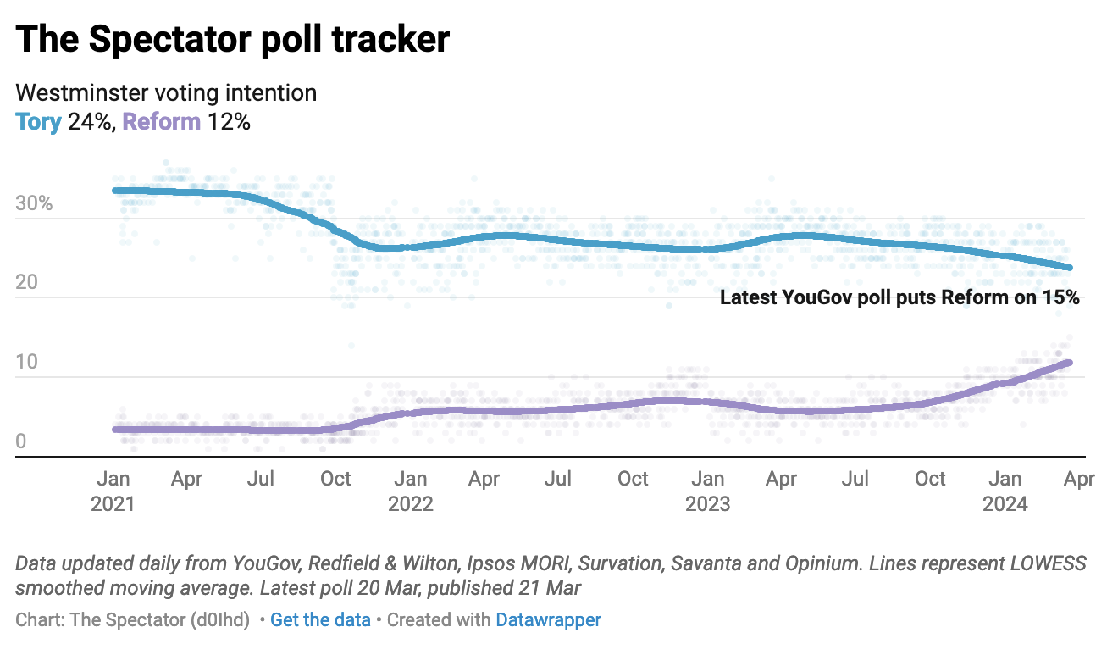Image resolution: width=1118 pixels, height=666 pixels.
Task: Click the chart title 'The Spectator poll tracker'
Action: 232,40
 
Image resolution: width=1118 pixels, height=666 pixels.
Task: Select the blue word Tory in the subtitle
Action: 39,122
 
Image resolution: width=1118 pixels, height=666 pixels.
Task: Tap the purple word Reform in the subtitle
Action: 162,122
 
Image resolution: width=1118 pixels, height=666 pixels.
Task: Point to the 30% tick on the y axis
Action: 34,204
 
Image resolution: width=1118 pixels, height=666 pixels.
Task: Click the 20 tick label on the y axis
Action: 26,283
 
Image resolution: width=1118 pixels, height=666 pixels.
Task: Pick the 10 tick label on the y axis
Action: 26,363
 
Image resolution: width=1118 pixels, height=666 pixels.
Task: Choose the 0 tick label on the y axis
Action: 21,441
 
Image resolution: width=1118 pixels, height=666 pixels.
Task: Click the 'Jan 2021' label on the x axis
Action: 113,491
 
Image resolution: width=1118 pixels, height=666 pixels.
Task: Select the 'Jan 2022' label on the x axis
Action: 411,491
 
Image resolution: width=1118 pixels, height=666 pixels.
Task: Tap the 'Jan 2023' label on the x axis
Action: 708,491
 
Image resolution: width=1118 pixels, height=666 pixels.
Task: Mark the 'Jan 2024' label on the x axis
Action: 1005,491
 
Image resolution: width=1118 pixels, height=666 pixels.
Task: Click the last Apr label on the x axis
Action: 1079,480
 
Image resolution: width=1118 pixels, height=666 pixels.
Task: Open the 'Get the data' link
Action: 320,620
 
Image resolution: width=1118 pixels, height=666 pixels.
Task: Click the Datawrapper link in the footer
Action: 548,620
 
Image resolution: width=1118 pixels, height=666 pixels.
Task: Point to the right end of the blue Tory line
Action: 1069,268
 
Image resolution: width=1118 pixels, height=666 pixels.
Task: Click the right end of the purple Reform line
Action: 1069,363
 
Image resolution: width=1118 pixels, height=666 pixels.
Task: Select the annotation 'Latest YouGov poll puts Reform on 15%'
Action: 899,297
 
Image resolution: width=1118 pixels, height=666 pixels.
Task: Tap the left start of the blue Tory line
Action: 116,191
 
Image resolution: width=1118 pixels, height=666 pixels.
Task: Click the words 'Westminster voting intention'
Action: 166,92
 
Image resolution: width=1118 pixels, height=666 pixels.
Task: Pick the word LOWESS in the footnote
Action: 1049,563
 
